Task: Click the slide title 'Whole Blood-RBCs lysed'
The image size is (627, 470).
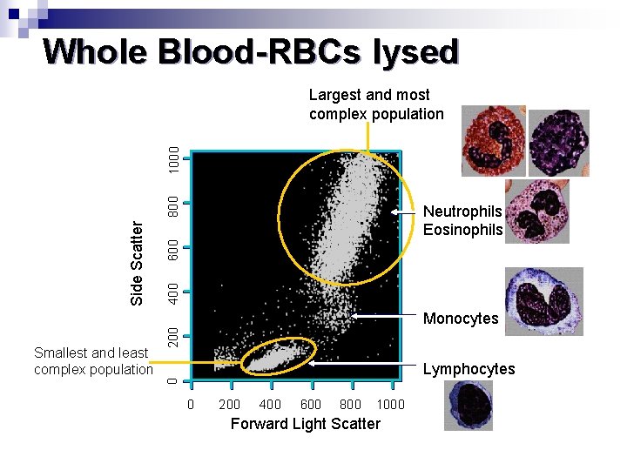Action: (x=251, y=52)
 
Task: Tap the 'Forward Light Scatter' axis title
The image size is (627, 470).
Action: (x=305, y=424)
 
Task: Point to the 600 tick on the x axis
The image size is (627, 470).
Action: (x=310, y=404)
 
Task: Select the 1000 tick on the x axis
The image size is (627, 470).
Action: (x=390, y=404)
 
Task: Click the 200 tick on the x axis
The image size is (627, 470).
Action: (x=229, y=404)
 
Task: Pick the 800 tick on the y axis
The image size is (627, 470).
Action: (x=175, y=205)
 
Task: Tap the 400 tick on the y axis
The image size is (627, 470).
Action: (x=175, y=290)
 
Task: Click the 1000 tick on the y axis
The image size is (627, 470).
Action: (x=175, y=158)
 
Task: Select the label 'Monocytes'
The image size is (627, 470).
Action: (x=461, y=319)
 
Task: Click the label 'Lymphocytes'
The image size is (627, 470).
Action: (x=469, y=369)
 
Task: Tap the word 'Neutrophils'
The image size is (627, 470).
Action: (x=462, y=211)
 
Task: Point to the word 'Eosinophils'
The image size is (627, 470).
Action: (x=462, y=230)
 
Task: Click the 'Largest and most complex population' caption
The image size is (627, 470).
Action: (x=375, y=104)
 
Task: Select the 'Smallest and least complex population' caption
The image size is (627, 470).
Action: (x=93, y=361)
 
